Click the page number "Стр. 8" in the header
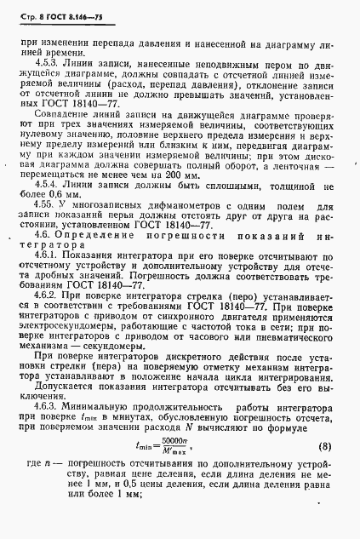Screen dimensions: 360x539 click(31, 10)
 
